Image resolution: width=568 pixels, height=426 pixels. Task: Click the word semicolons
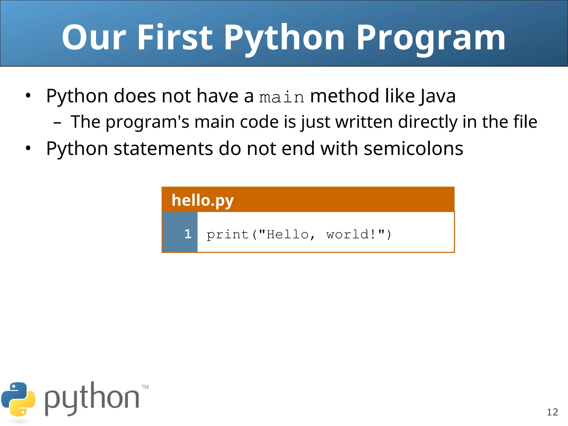click(x=413, y=148)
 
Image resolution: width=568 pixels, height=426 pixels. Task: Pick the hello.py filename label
click(x=203, y=200)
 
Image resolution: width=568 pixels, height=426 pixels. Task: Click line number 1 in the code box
click(x=188, y=234)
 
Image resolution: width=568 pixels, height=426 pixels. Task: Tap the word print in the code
click(x=227, y=235)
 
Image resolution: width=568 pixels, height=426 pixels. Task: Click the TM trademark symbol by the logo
click(x=145, y=387)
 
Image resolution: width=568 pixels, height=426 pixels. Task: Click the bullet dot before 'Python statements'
click(x=28, y=148)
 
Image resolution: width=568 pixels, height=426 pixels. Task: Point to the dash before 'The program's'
click(x=57, y=122)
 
